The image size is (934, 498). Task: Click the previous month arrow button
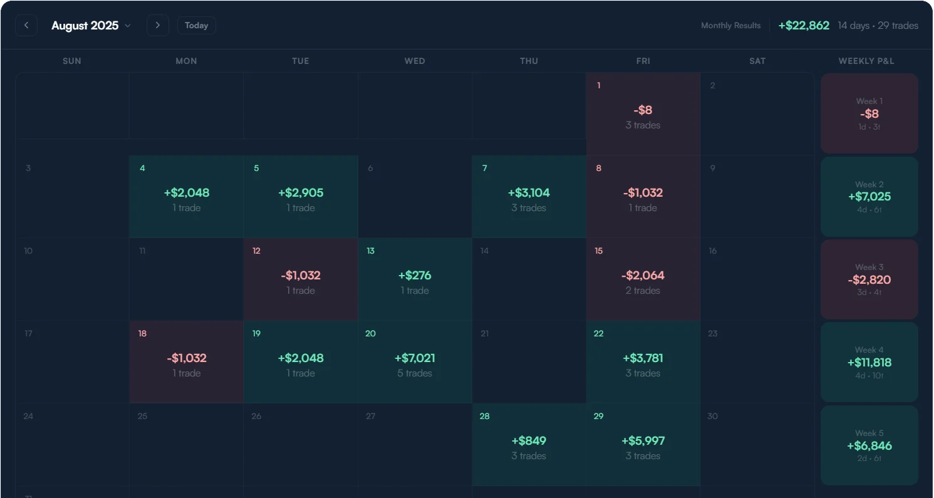26,26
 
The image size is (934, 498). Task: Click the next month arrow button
158,26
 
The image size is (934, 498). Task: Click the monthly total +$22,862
804,26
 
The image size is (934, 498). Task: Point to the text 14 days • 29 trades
878,26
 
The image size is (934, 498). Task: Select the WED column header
415,61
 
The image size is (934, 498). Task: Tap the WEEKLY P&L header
866,61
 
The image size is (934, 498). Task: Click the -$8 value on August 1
643,110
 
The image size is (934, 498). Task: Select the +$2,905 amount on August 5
301,193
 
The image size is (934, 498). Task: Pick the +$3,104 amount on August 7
529,193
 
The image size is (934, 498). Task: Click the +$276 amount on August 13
415,276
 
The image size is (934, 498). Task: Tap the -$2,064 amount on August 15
643,276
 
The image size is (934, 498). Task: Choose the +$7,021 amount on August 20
415,358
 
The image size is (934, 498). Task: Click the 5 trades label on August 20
415,373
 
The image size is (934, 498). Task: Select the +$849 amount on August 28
529,441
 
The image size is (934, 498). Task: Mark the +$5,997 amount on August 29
643,441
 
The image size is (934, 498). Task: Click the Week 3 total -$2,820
869,280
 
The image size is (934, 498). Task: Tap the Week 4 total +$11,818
869,363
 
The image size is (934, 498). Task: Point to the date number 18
142,334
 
